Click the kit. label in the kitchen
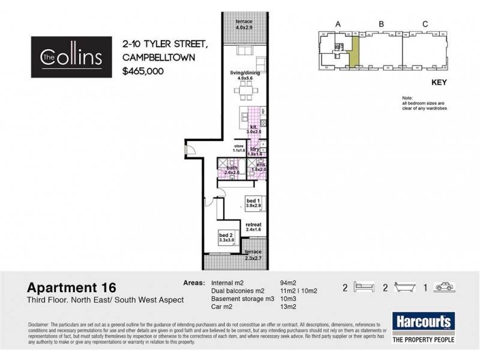tap(255, 128)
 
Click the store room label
tap(239, 149)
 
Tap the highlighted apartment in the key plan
tap(354, 53)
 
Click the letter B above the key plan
tap(382, 24)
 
